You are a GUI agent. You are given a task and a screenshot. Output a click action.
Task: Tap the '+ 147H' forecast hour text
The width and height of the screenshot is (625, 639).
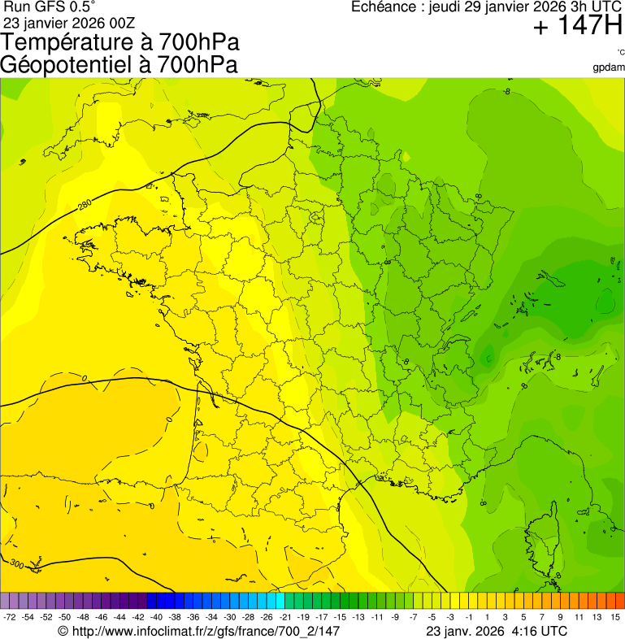[x=578, y=26]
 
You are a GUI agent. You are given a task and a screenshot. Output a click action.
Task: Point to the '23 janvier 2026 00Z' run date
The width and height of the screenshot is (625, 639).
[x=70, y=22]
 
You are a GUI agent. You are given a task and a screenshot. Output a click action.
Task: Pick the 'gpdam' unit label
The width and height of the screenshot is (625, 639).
[x=609, y=67]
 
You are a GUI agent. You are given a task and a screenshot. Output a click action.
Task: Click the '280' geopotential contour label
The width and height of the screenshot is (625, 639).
[x=85, y=206]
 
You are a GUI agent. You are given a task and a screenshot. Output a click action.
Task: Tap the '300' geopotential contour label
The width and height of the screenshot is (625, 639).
[x=16, y=563]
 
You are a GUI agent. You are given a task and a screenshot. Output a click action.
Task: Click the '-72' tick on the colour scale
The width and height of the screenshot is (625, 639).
[x=10, y=618]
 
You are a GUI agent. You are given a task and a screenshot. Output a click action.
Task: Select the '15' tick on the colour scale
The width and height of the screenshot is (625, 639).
[x=615, y=618]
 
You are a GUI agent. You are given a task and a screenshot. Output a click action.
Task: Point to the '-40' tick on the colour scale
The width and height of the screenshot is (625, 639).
[x=156, y=618]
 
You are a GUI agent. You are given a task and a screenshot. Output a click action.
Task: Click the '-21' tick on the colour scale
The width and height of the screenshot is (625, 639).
[x=285, y=618]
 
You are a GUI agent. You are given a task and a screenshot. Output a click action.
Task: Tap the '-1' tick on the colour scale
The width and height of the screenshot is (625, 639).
[x=469, y=618]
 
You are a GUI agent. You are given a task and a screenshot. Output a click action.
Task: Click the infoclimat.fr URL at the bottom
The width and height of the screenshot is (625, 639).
[x=198, y=631]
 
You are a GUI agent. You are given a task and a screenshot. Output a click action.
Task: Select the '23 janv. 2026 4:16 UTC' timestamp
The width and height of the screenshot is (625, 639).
[x=497, y=631]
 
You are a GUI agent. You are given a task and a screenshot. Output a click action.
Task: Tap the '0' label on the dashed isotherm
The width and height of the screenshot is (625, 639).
[x=85, y=379]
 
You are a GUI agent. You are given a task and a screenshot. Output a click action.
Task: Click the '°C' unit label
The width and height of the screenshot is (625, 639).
[x=620, y=53]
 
